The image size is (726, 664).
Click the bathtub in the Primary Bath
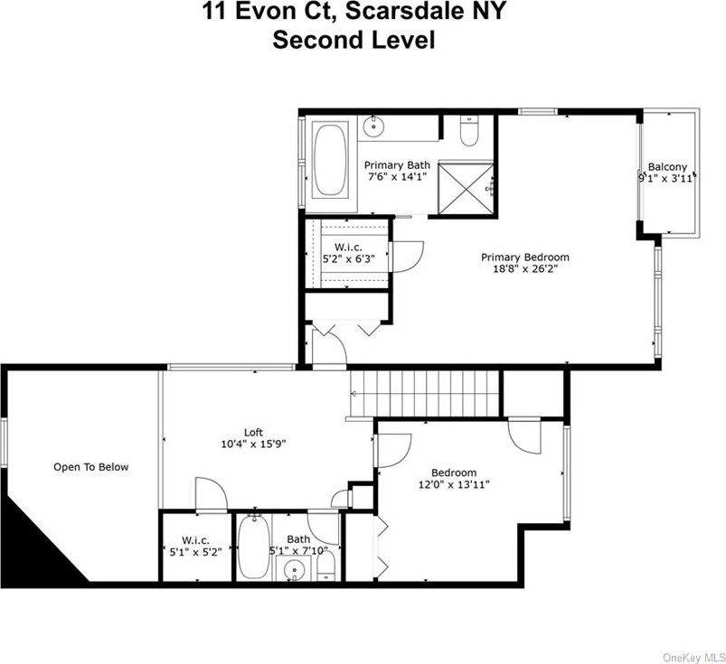point(330,158)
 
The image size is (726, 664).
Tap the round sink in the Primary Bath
point(372,126)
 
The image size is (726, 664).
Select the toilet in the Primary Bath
point(469,130)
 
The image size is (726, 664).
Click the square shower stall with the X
point(466,188)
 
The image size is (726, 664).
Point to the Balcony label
point(667,166)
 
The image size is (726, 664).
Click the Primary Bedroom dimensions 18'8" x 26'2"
point(525,269)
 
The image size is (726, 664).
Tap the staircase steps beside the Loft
point(425,393)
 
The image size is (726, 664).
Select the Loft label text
point(253,432)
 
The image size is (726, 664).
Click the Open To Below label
point(90,467)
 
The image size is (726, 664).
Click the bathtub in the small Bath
point(254,547)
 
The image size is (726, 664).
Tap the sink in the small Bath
point(293,568)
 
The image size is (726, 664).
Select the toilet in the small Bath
point(326,566)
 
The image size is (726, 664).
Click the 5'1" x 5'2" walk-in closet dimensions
point(195,552)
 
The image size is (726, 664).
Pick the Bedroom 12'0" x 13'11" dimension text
point(454,484)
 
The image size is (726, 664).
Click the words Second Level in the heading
point(354,40)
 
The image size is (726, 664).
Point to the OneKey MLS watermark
point(694,657)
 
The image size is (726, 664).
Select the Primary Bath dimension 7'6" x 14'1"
point(397,176)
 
